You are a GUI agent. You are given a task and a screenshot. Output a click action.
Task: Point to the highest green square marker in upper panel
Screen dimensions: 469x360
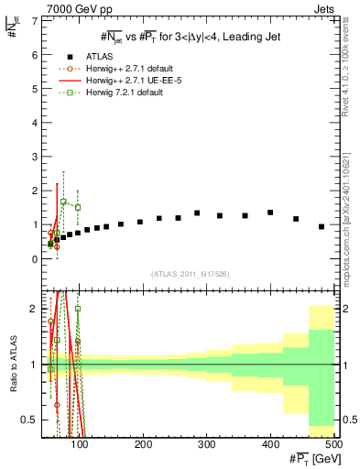[63, 202]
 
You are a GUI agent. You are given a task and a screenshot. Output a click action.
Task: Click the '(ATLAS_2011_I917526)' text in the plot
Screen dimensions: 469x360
[190, 274]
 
